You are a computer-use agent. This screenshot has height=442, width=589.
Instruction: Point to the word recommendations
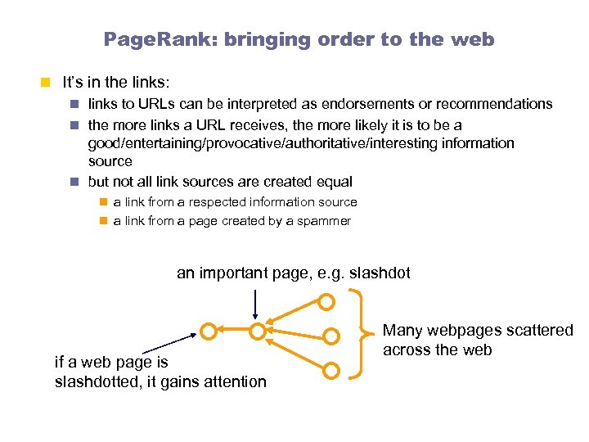(x=494, y=104)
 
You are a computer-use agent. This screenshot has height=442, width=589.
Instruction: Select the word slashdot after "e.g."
(x=380, y=273)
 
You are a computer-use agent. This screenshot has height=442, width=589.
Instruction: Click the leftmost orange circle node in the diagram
(x=209, y=331)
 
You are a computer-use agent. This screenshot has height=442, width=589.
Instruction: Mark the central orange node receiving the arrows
(x=258, y=331)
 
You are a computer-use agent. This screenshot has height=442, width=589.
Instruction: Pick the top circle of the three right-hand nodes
(x=326, y=302)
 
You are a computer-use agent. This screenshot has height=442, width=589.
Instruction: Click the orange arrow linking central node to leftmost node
(x=233, y=331)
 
